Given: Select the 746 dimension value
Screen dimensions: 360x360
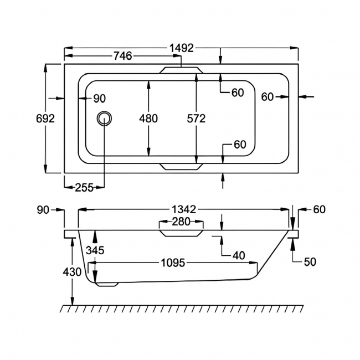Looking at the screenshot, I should [x=122, y=55].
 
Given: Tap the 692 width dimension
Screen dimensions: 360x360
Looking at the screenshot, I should [x=45, y=118].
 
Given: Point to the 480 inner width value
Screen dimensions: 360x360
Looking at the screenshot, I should [x=148, y=118].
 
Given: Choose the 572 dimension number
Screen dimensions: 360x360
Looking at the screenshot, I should [x=196, y=118].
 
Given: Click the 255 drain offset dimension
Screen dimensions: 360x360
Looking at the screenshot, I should [x=84, y=187].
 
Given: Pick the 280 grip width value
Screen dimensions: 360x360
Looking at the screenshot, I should [x=181, y=222].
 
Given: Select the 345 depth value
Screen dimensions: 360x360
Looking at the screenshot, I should [x=95, y=251].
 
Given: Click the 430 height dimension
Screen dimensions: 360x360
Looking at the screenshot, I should [x=72, y=272].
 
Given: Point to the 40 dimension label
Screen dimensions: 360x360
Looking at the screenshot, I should [x=239, y=255].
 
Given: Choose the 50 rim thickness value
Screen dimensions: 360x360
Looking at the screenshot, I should [x=310, y=262].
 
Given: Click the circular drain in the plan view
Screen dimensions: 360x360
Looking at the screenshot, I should [x=104, y=118].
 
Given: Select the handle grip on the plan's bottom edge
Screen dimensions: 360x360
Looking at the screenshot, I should [x=181, y=166].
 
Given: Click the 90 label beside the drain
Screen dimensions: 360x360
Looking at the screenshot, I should [x=99, y=99].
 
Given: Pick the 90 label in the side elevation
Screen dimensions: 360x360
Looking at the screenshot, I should [x=43, y=209].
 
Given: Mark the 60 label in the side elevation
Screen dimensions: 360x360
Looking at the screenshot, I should [x=319, y=209].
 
